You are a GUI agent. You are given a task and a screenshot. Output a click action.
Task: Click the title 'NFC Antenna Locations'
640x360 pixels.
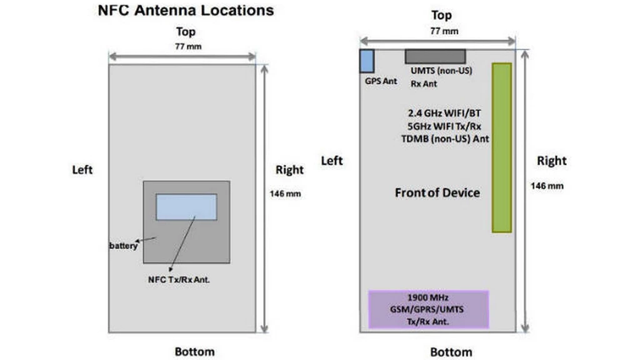[x=186, y=11]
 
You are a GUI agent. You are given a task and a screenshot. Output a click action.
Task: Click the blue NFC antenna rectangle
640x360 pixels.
[x=186, y=207]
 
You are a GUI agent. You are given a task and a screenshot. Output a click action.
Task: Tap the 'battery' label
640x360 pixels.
[x=123, y=246]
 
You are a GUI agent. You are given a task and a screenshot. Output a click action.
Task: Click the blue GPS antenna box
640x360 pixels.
[x=367, y=61]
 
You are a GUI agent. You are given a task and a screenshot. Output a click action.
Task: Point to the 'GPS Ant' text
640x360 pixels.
[x=381, y=81]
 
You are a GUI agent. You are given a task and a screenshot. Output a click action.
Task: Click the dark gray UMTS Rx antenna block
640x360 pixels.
[x=435, y=56]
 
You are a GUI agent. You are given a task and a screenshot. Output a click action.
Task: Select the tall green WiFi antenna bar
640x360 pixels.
[x=502, y=147]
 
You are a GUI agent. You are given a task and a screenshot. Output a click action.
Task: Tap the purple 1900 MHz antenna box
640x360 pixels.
[x=428, y=309]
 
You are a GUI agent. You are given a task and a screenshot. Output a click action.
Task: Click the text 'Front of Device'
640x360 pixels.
[x=437, y=192]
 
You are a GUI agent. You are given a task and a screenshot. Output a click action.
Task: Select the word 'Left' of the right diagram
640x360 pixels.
[x=332, y=161]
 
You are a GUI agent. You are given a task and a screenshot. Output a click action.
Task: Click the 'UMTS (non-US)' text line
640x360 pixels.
[x=441, y=71]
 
